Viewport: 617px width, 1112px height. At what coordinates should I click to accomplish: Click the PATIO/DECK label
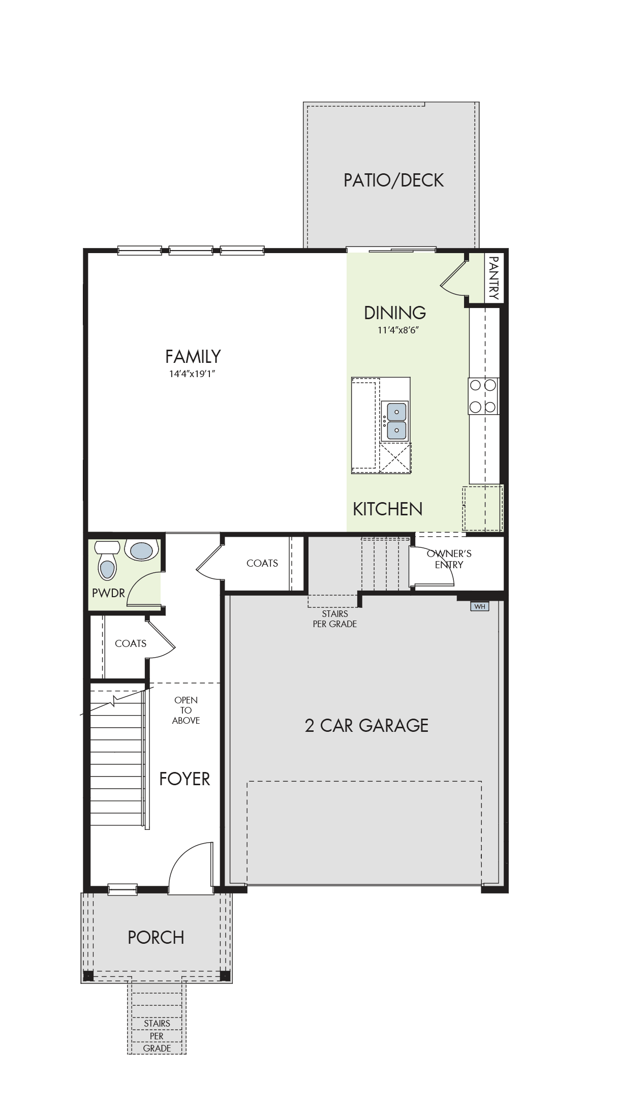pos(393,180)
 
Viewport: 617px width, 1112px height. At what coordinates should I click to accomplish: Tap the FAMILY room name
pos(193,357)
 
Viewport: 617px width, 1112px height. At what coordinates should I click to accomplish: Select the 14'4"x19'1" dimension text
pos(193,374)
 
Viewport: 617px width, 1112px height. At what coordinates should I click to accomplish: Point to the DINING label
pos(395,313)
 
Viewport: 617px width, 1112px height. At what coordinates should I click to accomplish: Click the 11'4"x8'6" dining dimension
pos(398,330)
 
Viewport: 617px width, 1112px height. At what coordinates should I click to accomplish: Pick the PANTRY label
pos(493,278)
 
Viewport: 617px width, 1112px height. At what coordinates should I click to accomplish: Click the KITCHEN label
pos(388,509)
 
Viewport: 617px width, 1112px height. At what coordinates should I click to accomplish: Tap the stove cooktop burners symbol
pos(483,396)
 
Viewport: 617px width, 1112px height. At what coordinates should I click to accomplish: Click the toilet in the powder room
pos(107,560)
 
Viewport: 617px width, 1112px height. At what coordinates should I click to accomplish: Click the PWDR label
pos(108,593)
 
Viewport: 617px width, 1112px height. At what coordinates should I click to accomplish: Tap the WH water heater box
pos(479,606)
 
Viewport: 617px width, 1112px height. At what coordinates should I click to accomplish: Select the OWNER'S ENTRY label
pos(449,559)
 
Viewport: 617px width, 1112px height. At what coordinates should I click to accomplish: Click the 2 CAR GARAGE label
pos(366,725)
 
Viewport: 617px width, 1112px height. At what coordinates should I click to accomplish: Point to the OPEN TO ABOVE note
pos(186,710)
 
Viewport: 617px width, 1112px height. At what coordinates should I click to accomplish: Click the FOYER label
pos(184,779)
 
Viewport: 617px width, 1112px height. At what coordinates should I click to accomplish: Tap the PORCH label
pos(156,938)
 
